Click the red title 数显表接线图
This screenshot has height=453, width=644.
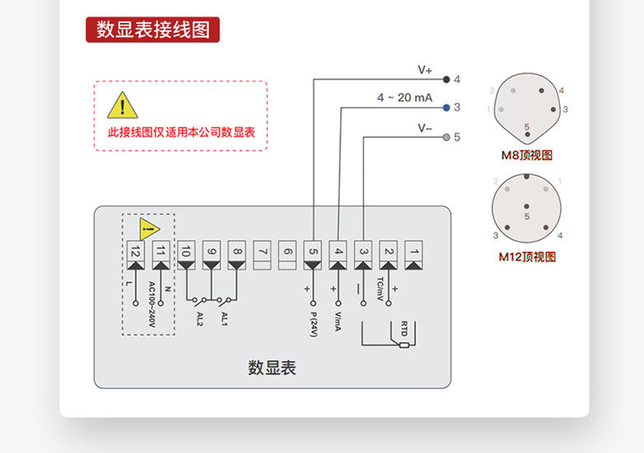tap(152, 30)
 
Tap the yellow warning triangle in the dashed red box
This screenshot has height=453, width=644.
tap(123, 105)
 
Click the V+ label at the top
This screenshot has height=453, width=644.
tap(425, 70)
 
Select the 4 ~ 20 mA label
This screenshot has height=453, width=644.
tap(404, 97)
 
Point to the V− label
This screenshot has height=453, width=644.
tap(425, 128)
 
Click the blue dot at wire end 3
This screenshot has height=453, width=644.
tap(446, 108)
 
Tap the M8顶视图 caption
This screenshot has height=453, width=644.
tap(527, 156)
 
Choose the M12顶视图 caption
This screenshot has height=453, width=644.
tap(527, 257)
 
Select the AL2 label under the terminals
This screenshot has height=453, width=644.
tap(199, 318)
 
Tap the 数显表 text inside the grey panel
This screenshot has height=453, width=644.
tap(272, 367)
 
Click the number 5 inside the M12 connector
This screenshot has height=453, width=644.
tap(527, 215)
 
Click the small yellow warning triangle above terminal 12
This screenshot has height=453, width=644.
tap(148, 228)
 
